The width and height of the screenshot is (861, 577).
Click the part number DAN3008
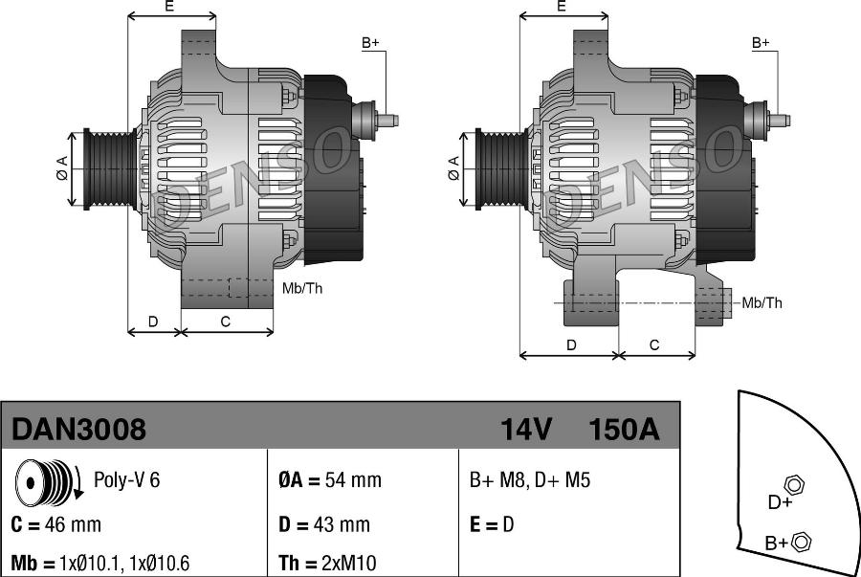click(79, 429)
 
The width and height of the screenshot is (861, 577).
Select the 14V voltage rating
click(526, 429)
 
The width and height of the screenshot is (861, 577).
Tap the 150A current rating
click(624, 429)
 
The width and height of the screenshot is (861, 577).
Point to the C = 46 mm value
click(56, 524)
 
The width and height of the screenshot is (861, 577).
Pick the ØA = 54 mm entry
click(330, 479)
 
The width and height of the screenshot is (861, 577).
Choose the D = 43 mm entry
click(324, 524)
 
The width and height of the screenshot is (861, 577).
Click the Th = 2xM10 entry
click(327, 563)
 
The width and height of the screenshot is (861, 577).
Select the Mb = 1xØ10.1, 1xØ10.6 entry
click(100, 563)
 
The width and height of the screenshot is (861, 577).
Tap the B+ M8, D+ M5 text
click(530, 479)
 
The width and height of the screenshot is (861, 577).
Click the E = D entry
click(492, 524)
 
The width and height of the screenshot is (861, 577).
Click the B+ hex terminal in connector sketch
click(802, 542)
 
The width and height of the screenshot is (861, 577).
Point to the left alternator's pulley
click(110, 168)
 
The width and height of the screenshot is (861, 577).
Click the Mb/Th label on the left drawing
click(302, 288)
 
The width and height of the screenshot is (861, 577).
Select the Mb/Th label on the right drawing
click(762, 302)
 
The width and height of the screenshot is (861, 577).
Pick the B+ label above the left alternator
click(370, 43)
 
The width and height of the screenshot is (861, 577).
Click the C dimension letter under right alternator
click(654, 344)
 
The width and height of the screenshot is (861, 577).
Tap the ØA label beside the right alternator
click(453, 168)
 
